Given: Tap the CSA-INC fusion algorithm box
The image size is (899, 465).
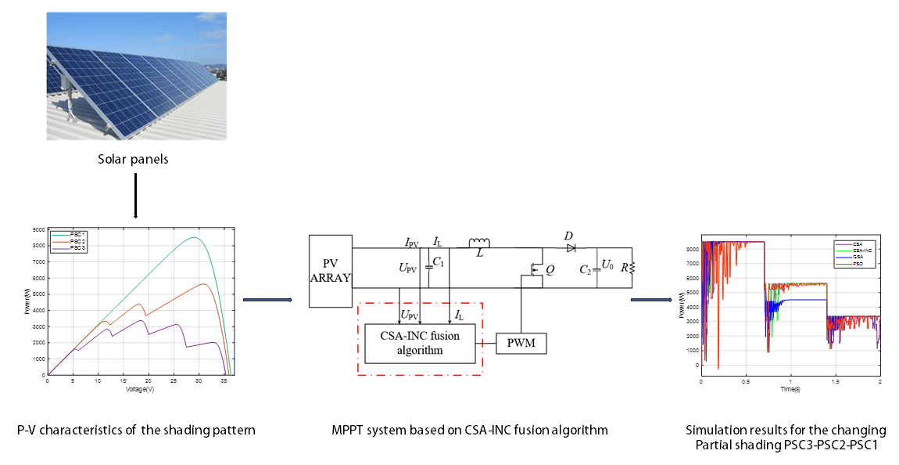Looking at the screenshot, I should [421, 343].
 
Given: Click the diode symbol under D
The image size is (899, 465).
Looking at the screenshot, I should [571, 247].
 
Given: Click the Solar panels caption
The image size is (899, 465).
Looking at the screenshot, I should [136, 159].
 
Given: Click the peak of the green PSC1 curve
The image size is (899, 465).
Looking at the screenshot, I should [195, 238].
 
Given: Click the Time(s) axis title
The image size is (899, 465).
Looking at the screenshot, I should [790, 388].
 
